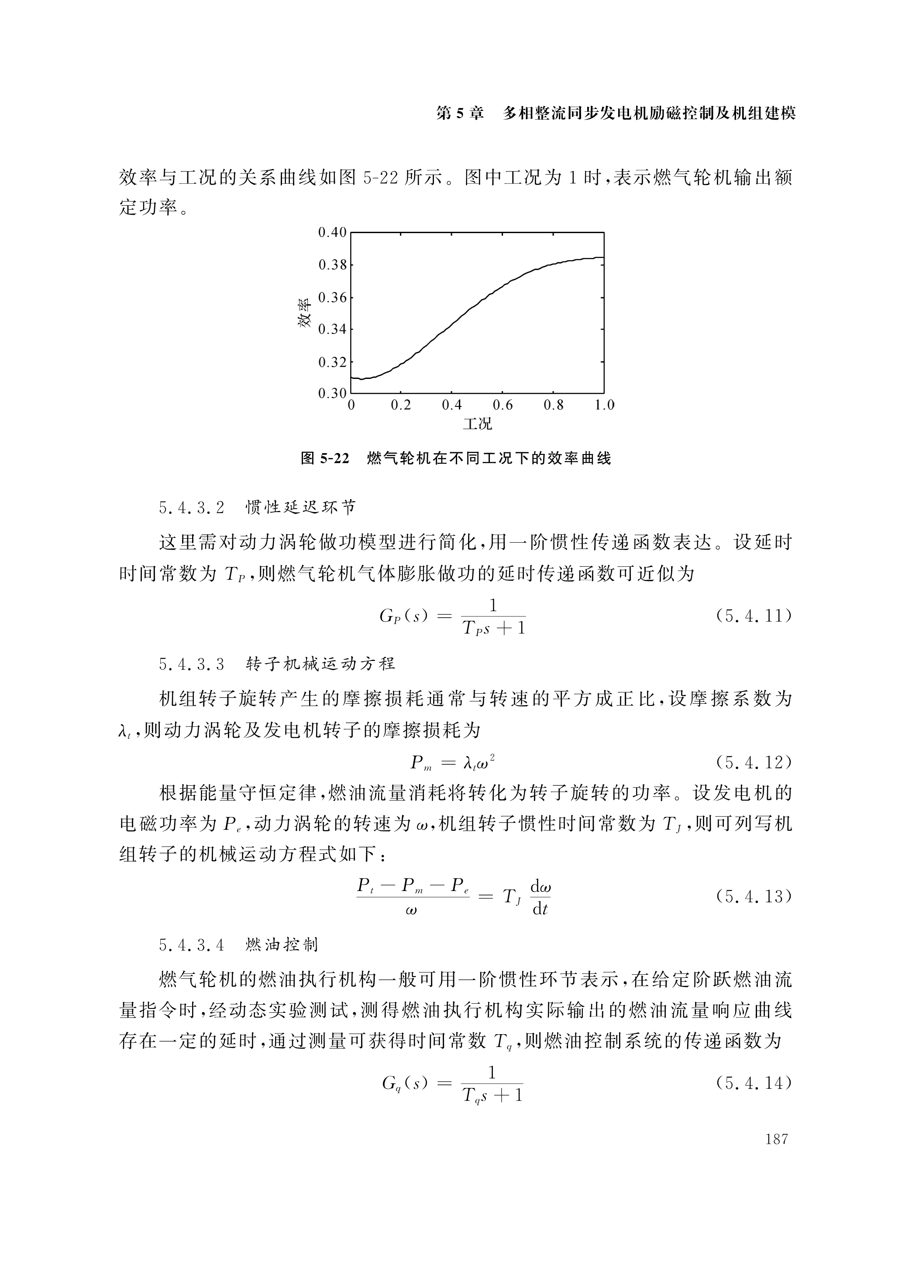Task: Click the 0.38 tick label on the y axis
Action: click(x=332, y=265)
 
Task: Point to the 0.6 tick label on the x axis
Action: click(x=502, y=405)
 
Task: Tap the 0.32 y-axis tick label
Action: click(x=332, y=362)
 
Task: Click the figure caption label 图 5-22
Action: click(x=325, y=458)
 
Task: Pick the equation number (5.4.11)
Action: click(x=754, y=616)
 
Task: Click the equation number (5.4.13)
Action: click(x=754, y=896)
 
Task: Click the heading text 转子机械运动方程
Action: click(x=320, y=664)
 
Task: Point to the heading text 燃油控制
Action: click(x=282, y=945)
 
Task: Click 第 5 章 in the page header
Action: click(x=460, y=114)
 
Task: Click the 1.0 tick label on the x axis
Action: click(x=605, y=405)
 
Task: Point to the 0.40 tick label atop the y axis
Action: click(x=332, y=232)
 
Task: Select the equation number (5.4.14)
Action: click(x=754, y=1083)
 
